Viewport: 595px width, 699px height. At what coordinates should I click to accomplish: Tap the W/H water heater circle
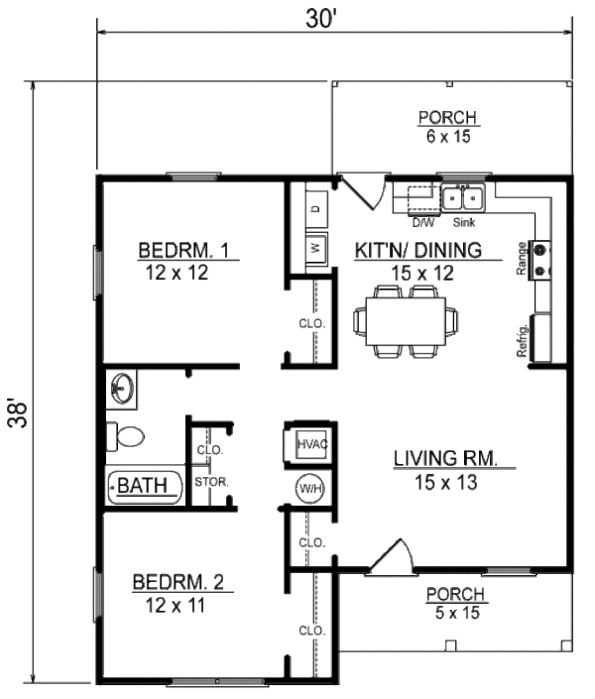[x=308, y=488]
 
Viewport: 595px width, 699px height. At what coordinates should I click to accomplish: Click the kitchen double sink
[x=461, y=198]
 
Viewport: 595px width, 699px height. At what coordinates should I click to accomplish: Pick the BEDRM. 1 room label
[x=185, y=251]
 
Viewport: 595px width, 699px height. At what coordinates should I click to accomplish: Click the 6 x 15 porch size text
[x=447, y=138]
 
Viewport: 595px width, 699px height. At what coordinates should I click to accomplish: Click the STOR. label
[x=212, y=483]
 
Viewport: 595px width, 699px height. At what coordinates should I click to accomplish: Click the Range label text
[x=522, y=263]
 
